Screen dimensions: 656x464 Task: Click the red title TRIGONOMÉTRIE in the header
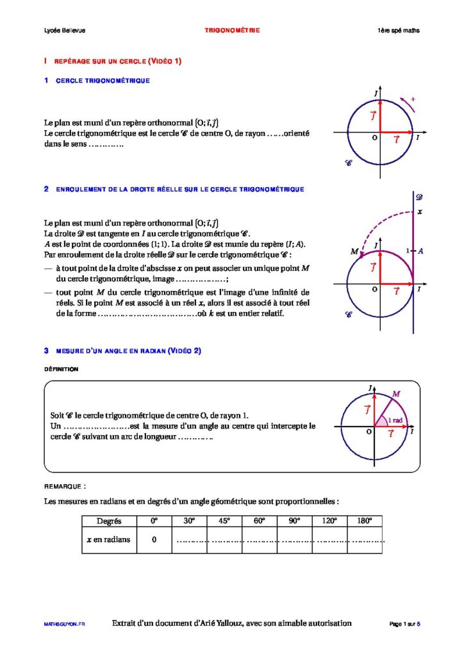click(x=232, y=31)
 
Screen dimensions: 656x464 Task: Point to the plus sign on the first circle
click(x=413, y=99)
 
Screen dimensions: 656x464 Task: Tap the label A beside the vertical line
click(x=420, y=250)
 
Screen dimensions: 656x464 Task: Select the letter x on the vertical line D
click(x=420, y=211)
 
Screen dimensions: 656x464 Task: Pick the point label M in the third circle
click(x=396, y=393)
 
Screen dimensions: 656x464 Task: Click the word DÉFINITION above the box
click(x=62, y=370)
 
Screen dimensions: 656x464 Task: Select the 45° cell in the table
click(x=224, y=521)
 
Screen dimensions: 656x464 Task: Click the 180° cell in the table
click(x=365, y=521)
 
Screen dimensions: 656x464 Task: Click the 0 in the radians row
click(x=154, y=539)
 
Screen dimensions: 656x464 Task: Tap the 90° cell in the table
click(x=294, y=521)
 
